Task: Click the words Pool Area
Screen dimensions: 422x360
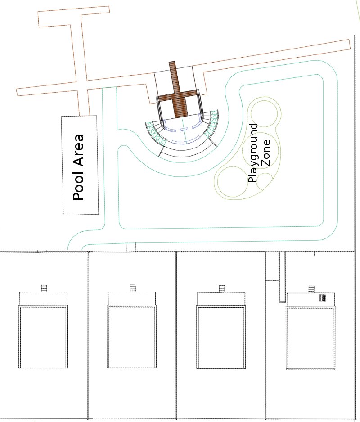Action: point(79,167)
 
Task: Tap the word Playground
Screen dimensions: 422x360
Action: point(253,153)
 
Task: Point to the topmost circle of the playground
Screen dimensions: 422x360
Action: point(263,113)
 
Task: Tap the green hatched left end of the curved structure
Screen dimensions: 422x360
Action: point(154,133)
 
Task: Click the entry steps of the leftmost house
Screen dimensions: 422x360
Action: point(44,288)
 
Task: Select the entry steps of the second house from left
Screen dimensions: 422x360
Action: point(132,288)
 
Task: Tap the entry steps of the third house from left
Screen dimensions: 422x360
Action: point(221,288)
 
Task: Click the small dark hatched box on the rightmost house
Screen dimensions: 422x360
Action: point(323,298)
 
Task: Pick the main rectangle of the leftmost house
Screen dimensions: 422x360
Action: point(43,337)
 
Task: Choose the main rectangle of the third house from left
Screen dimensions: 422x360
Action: point(221,337)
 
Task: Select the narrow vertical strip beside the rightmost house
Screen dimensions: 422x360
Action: point(282,276)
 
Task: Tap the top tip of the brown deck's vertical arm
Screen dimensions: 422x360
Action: point(172,63)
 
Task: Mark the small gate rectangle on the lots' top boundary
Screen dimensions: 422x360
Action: point(131,247)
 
